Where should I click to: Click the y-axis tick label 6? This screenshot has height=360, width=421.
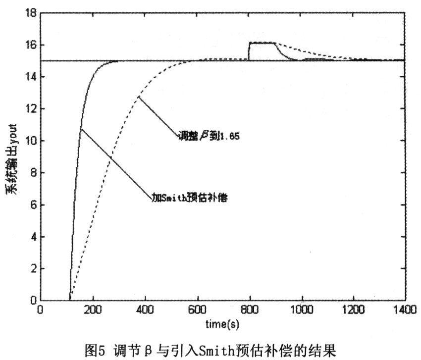coord(32,205)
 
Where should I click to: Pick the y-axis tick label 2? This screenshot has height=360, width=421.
coord(32,269)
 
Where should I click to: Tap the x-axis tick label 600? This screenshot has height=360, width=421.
coord(198,310)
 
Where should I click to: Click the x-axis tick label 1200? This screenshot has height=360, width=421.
coord(353,310)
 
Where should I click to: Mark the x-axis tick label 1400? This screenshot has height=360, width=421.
coord(404,310)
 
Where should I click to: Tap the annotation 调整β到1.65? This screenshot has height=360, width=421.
coord(209,136)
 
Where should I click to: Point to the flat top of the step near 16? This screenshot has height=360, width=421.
coord(262,43)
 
